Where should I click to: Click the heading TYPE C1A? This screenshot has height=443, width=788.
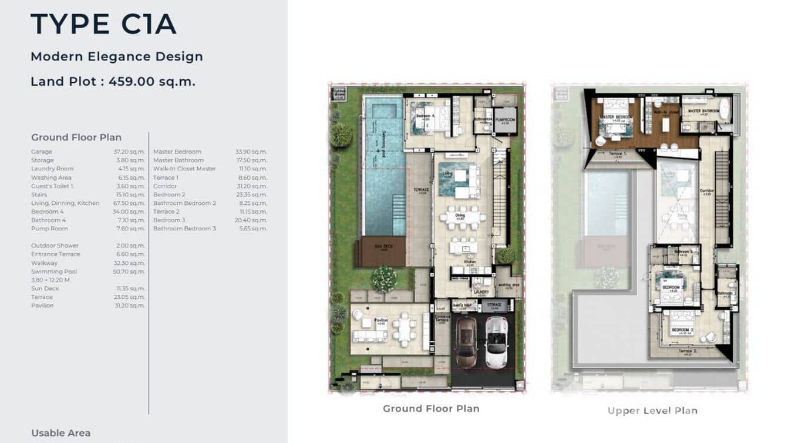(103, 24)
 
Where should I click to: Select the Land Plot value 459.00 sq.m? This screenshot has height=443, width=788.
(152, 82)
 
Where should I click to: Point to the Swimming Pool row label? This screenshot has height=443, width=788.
(54, 271)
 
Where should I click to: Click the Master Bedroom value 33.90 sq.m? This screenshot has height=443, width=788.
(251, 152)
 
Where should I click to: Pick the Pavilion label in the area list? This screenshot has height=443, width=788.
(42, 306)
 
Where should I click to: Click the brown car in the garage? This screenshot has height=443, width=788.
(466, 343)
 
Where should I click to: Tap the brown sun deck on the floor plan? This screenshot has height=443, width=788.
(382, 251)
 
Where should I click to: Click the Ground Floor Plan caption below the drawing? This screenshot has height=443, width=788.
(431, 408)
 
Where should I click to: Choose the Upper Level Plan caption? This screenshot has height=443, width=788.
(652, 411)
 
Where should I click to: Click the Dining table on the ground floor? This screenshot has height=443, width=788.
(463, 217)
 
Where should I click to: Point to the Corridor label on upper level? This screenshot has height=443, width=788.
(706, 191)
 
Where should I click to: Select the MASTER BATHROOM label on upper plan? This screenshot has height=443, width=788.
(703, 110)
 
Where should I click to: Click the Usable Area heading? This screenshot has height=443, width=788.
(60, 433)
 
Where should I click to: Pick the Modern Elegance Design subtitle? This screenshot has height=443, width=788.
(116, 56)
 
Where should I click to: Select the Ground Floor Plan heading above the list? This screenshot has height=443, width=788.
(76, 137)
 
